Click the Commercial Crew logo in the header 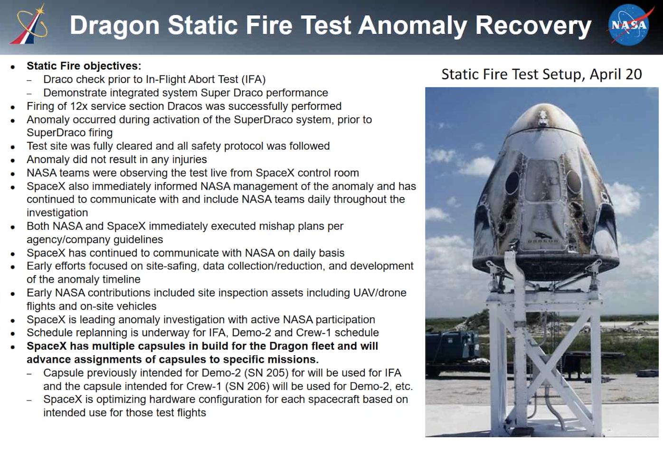tap(28, 25)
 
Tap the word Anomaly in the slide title tap(412, 26)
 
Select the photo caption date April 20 tap(616, 74)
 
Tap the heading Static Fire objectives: tap(84, 66)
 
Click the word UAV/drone tap(380, 293)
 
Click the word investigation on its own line tap(57, 213)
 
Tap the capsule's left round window tap(512, 182)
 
